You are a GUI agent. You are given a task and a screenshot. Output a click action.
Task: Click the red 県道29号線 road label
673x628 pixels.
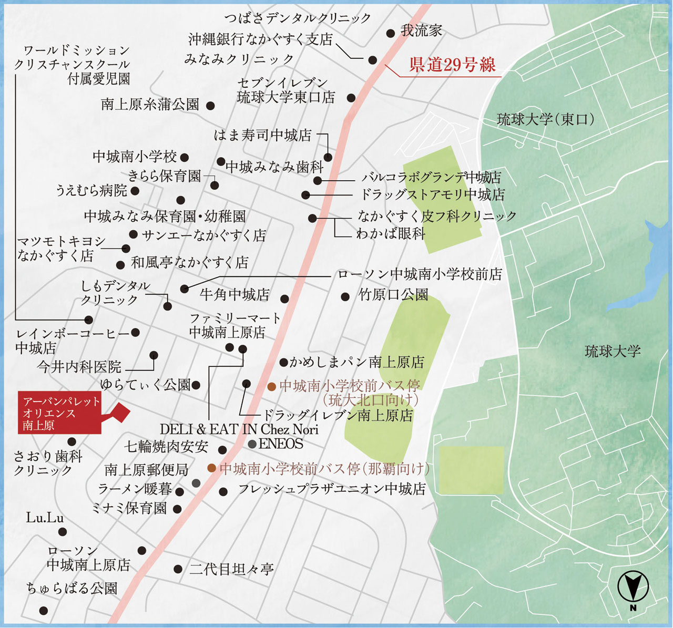click(452, 65)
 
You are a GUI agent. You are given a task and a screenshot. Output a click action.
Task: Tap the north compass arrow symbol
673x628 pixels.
click(633, 586)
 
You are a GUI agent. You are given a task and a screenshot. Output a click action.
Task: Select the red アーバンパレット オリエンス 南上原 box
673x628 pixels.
click(59, 413)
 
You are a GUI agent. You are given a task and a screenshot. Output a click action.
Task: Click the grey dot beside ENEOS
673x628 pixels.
click(252, 444)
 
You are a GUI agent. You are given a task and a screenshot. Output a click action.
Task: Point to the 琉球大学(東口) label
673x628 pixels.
click(546, 119)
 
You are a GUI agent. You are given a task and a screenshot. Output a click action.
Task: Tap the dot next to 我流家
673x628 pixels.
click(390, 33)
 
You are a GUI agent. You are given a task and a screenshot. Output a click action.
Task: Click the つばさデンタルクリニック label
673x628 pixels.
click(298, 18)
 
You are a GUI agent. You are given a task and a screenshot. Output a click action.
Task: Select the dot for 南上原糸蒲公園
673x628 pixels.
click(210, 106)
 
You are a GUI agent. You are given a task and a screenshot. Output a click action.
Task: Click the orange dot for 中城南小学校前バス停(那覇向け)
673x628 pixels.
click(211, 468)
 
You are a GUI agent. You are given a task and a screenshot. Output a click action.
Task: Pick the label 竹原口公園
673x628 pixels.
click(393, 295)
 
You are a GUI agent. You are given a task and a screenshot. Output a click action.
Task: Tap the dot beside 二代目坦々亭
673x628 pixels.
click(178, 569)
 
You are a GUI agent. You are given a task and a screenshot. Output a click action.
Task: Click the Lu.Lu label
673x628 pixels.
click(45, 518)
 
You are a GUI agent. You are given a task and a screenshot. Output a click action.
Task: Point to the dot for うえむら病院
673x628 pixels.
click(135, 191)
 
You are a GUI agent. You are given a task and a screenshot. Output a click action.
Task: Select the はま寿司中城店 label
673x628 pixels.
click(262, 135)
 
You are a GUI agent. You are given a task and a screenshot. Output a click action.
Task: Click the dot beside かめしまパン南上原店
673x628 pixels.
click(283, 362)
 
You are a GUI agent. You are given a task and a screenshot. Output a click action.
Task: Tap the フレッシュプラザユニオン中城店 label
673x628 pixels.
click(332, 489)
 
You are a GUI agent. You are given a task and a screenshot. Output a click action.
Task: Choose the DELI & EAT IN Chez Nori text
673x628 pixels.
click(239, 429)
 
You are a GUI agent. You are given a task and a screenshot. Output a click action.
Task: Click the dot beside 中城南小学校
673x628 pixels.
click(184, 157)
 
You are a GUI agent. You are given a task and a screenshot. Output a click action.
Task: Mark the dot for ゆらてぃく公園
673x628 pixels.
click(196, 385)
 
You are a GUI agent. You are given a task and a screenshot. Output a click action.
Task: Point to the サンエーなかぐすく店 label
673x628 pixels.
click(203, 235)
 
